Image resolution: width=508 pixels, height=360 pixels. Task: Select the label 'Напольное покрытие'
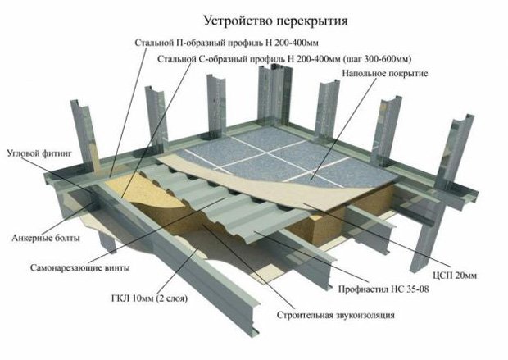381,74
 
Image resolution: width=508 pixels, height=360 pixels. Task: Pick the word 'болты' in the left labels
66,238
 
